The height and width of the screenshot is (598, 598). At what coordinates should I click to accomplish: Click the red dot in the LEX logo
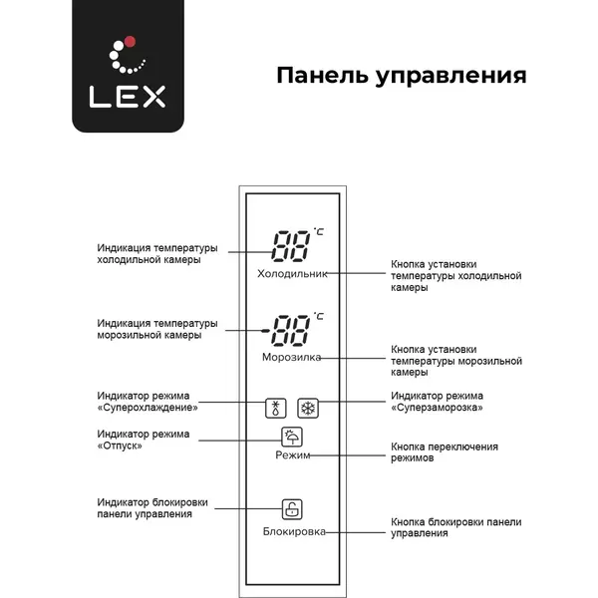coord(130,42)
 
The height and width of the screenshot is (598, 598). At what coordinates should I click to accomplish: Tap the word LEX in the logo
coord(128,97)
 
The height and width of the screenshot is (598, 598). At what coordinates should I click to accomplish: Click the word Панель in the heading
coord(323,75)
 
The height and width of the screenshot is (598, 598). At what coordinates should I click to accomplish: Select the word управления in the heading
coord(450,77)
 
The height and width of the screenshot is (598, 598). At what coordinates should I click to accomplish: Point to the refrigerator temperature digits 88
coord(291,246)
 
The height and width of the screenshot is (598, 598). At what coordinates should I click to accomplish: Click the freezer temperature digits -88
coord(286,330)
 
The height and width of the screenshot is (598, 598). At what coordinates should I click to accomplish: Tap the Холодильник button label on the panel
coord(292,274)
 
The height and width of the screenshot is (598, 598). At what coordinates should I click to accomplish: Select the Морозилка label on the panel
coord(291,358)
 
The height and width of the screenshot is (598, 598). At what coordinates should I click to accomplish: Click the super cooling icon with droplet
coord(276,408)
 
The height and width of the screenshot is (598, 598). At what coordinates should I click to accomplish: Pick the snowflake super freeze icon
coord(308,408)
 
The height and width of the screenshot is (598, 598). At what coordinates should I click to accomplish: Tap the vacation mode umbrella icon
coord(292,437)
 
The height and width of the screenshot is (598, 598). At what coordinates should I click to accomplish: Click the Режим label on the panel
coord(292,455)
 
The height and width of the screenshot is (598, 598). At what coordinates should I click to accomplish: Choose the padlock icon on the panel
coord(292,509)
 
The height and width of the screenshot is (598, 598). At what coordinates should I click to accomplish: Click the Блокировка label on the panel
coord(294,531)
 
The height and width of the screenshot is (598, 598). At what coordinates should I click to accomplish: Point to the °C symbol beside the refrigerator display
coord(319,231)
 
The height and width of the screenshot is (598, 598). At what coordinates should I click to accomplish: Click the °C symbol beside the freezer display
coord(319,316)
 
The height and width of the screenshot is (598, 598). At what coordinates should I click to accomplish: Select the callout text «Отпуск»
coord(120,446)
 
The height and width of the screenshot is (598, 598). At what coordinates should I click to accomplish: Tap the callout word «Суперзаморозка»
coord(438,408)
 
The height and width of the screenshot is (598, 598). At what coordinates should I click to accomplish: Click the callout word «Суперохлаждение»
coord(148,408)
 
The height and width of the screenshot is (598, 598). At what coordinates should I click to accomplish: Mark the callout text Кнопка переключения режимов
coord(445,452)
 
